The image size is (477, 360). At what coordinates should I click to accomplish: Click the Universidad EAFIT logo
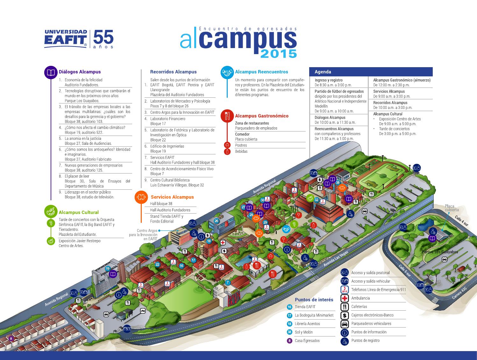click(x=66, y=39)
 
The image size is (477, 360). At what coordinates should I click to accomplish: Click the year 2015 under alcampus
click(x=278, y=53)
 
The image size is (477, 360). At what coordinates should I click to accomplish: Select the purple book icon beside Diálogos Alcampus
click(x=51, y=72)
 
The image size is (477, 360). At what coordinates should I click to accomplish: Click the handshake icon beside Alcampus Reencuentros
click(x=227, y=72)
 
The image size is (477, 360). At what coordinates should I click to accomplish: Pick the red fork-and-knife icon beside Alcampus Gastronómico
click(x=227, y=116)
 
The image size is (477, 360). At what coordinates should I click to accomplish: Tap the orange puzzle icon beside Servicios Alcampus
click(x=141, y=197)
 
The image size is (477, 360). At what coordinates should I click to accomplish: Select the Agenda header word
click(x=323, y=72)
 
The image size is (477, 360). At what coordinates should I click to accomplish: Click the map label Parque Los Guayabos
click(x=440, y=252)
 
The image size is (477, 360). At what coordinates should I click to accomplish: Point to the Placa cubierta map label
click(x=452, y=208)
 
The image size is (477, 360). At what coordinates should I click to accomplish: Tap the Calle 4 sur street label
click(x=461, y=221)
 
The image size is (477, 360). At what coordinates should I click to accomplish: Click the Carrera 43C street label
click(x=459, y=293)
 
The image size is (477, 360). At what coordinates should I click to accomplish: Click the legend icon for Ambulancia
click(x=345, y=298)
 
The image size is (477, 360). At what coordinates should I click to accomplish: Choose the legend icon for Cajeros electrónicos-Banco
click(x=345, y=315)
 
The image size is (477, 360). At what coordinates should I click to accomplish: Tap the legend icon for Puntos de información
click(x=345, y=332)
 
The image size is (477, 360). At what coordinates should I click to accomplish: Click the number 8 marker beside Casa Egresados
click(x=289, y=341)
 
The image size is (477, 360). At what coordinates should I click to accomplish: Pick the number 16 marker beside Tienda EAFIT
click(x=289, y=307)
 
